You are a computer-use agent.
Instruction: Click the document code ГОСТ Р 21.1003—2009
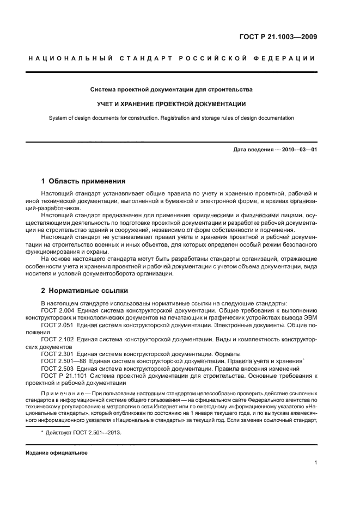(278, 38)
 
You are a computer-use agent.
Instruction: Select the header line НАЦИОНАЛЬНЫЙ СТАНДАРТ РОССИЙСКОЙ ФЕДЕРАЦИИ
(172, 59)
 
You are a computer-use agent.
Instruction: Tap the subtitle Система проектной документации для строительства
(172, 89)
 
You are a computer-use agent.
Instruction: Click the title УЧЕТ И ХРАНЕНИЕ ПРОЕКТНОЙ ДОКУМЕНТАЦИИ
(172, 104)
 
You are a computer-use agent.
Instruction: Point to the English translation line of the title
(172, 118)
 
